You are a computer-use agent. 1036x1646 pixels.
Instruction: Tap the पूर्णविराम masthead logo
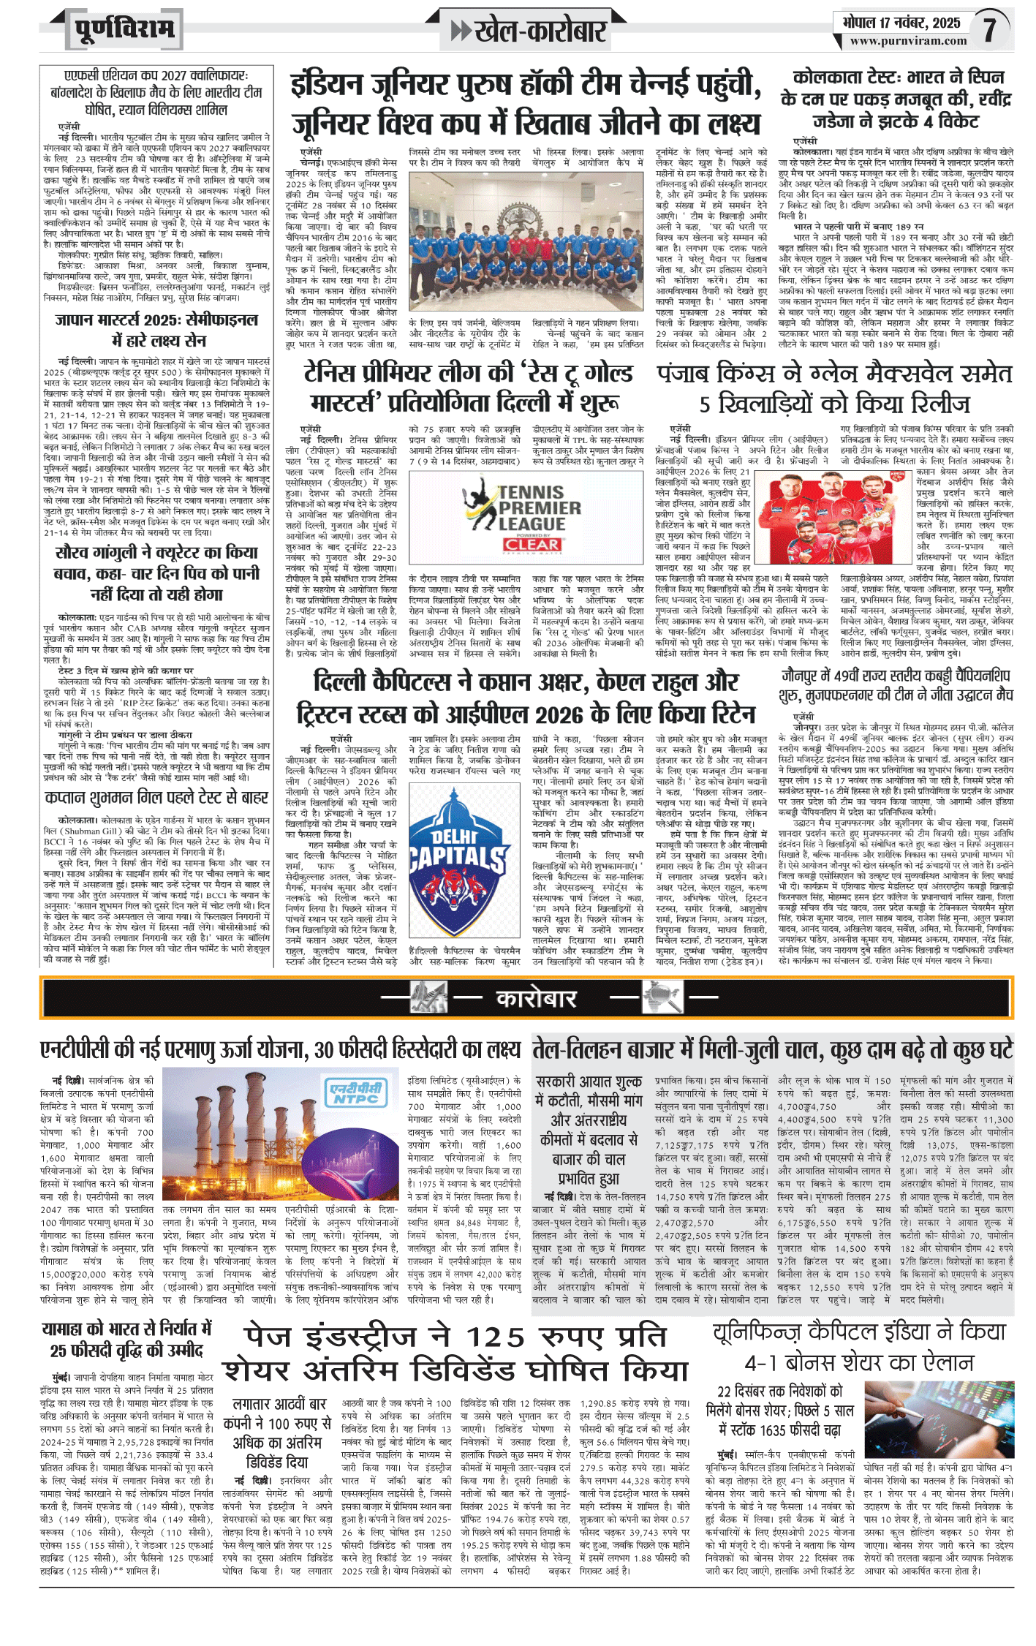click(x=124, y=29)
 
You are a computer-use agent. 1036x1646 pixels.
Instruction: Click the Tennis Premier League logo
click(x=523, y=508)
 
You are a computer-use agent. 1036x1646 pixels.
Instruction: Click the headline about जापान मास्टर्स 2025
click(x=156, y=330)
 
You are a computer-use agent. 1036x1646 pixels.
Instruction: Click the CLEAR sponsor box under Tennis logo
click(x=532, y=545)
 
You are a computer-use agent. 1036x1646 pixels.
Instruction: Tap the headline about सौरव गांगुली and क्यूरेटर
click(x=156, y=573)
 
